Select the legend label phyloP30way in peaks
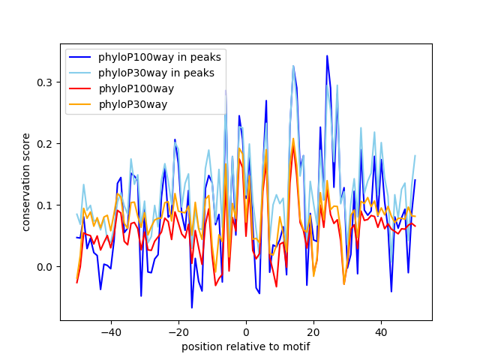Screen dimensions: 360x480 pos(156,73)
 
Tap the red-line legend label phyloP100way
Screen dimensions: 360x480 pos(136,88)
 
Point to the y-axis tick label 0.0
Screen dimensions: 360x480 pos(45,267)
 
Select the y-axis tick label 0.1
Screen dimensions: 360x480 pos(45,205)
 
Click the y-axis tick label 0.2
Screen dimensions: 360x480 pos(45,143)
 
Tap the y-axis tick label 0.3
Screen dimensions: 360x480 pos(45,82)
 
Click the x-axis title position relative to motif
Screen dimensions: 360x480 pos(245,346)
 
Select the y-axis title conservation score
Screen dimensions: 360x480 pos(26,181)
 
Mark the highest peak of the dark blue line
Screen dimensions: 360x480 pos(327,55)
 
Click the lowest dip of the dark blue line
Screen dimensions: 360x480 pos(191,307)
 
